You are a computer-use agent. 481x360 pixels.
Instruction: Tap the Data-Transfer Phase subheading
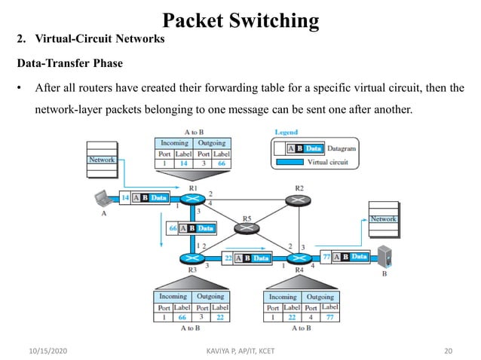pos(70,64)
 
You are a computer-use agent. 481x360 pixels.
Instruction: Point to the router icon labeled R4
pos(299,258)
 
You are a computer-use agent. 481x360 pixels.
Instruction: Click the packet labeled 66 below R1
pos(190,227)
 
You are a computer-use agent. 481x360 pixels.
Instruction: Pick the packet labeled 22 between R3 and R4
pos(247,258)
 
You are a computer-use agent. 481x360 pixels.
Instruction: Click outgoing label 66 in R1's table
pos(222,162)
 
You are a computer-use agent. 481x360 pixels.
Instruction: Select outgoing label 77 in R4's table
pos(329,317)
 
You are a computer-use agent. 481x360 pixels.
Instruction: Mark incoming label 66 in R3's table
pos(182,317)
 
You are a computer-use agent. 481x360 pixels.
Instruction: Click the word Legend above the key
pos(286,133)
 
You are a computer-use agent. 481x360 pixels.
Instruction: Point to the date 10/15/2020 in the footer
pos(43,350)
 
